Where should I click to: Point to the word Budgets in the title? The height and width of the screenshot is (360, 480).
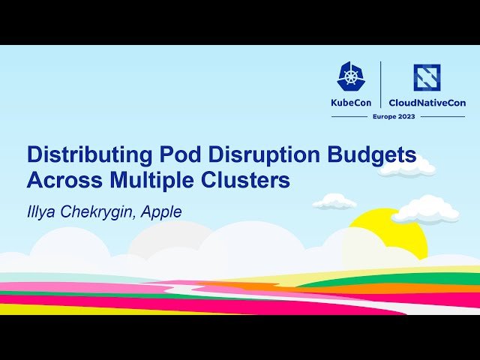[x=374, y=155]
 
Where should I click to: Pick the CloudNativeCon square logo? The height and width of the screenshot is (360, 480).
[x=427, y=77]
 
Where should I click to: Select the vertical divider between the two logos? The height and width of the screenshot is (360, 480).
[x=382, y=84]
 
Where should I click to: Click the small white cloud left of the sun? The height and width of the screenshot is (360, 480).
[x=334, y=201]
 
